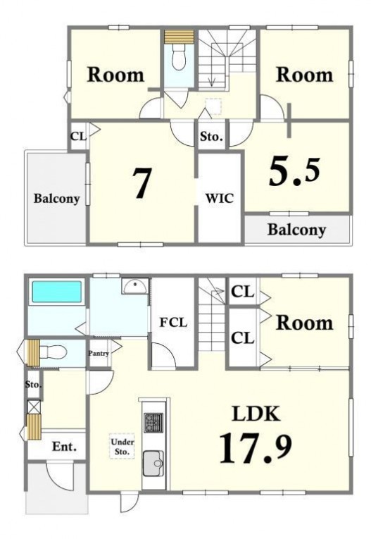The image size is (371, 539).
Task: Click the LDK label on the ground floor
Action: (256, 414)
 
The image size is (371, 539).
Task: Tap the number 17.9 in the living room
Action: (256, 447)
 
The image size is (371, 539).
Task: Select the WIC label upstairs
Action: (220, 198)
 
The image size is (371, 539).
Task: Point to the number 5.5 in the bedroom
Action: (294, 171)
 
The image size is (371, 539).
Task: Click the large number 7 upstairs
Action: (142, 183)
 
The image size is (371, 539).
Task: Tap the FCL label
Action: (173, 322)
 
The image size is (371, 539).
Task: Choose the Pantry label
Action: (99, 353)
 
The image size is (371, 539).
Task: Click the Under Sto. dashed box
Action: (122, 446)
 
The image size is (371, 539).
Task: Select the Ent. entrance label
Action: (64, 447)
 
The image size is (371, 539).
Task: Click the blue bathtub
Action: (57, 292)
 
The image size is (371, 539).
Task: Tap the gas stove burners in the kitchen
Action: (153, 423)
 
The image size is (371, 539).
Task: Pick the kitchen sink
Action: (153, 463)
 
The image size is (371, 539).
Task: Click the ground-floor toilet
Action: (53, 352)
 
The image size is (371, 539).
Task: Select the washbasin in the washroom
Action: (135, 286)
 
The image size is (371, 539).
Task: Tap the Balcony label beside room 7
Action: (57, 199)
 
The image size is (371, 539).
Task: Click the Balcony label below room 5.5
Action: (296, 230)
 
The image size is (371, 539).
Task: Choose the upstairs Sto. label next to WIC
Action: (211, 137)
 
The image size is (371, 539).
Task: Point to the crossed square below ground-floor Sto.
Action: (34, 407)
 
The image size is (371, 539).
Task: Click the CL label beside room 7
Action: (78, 137)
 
